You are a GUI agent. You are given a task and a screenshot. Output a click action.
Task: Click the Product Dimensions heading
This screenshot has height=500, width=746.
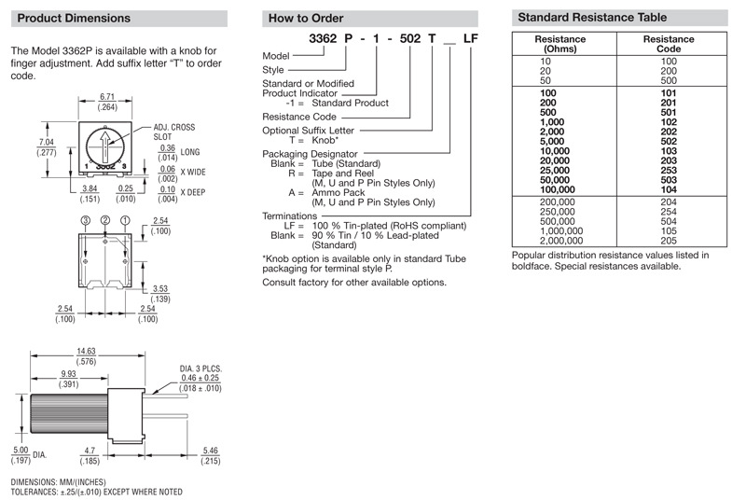(75, 18)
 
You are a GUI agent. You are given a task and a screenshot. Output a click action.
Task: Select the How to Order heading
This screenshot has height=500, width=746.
(306, 18)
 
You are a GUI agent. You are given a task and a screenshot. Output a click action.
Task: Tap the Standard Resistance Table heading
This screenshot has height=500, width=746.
(592, 17)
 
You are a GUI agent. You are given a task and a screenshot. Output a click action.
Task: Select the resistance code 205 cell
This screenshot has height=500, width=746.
(669, 239)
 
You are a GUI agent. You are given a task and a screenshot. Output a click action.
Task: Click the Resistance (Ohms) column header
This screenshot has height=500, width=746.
(560, 45)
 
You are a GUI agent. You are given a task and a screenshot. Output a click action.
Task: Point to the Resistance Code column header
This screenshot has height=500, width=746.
(669, 45)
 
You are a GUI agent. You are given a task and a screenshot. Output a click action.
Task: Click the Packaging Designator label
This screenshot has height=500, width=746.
(311, 153)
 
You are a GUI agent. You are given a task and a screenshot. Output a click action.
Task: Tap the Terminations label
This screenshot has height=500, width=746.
(290, 216)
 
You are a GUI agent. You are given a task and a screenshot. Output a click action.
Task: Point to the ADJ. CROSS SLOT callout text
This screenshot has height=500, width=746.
(173, 130)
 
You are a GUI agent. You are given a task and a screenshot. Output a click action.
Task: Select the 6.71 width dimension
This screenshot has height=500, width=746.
(107, 97)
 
